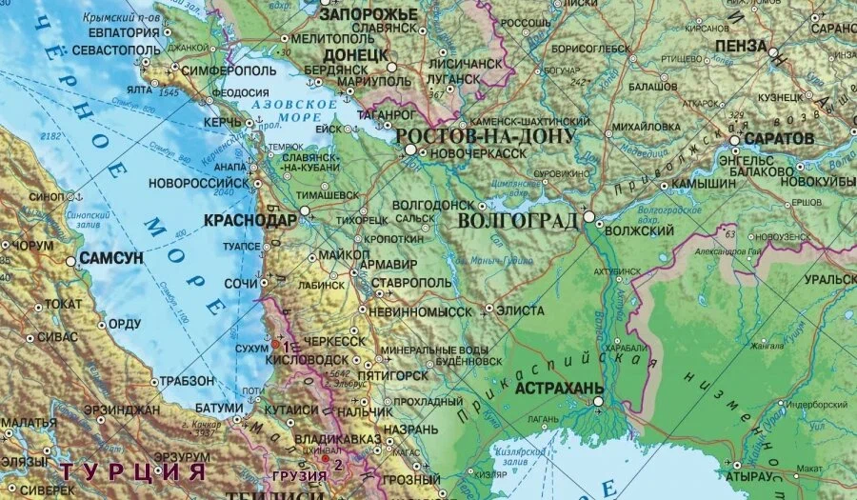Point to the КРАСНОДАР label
pyautogui.click(x=249, y=220)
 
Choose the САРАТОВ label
pyautogui.click(x=779, y=138)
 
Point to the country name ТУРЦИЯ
pyautogui.click(x=133, y=471)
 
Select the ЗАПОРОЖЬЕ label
pyautogui.click(x=368, y=14)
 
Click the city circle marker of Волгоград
pyautogui.click(x=589, y=217)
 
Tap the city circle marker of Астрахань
pyautogui.click(x=598, y=402)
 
